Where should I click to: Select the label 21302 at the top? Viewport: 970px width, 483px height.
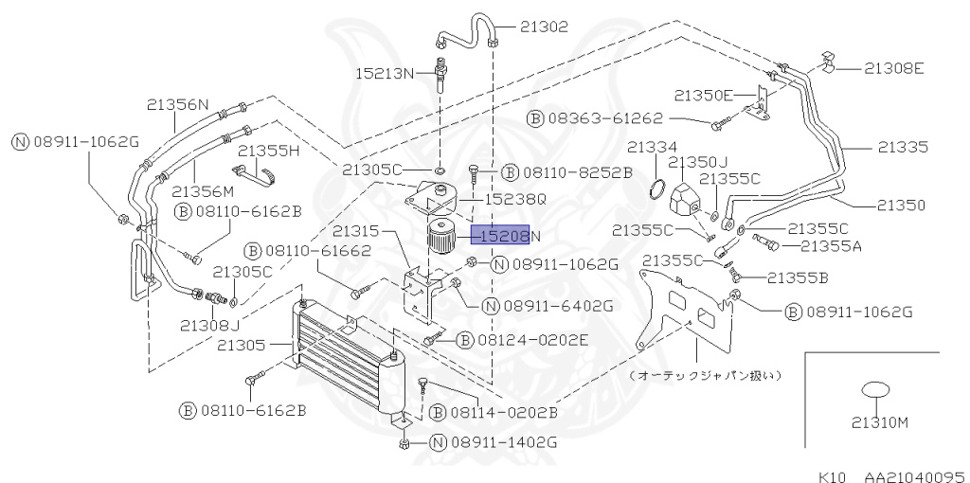tap(544, 27)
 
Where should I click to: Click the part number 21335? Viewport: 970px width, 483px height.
tap(901, 147)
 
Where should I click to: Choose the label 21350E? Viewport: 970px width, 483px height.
tap(704, 95)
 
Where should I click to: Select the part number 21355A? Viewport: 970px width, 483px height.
tap(831, 246)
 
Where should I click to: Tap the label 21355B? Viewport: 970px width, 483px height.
tap(798, 277)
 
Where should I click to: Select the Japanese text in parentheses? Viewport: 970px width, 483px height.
tap(706, 375)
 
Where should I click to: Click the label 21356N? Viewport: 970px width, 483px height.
tap(178, 105)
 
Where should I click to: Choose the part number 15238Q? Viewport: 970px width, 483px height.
tap(515, 200)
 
